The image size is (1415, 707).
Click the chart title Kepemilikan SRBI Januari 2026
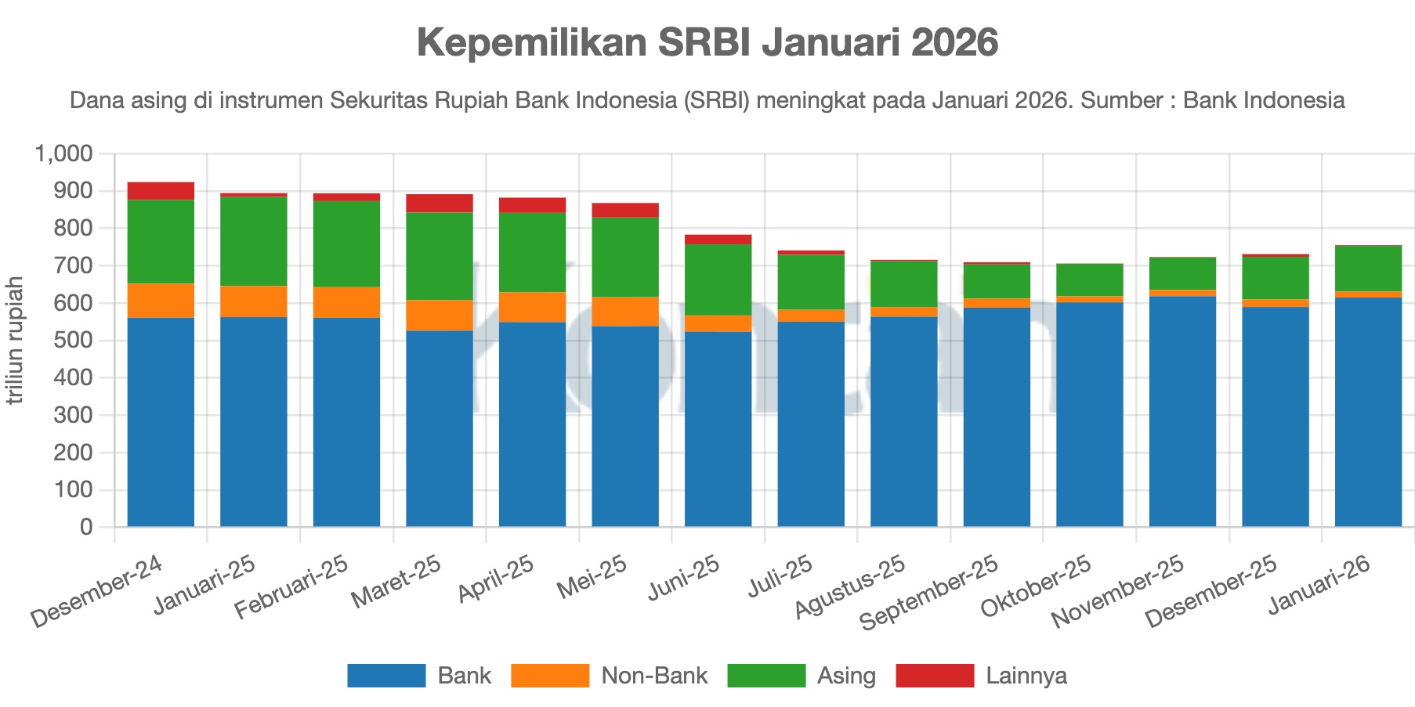(707, 42)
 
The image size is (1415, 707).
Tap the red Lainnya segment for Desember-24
(161, 191)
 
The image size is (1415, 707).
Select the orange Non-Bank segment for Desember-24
(161, 301)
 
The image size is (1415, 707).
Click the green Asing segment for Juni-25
(718, 280)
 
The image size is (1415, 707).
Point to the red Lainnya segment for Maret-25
(439, 203)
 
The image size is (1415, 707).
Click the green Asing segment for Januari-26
(1368, 269)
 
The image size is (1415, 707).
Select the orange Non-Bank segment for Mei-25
(624, 312)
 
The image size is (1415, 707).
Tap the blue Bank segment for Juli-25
(811, 424)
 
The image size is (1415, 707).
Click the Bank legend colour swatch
(386, 676)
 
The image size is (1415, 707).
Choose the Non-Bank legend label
(654, 676)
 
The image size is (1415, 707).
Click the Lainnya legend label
(1026, 676)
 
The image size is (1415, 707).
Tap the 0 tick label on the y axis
(86, 527)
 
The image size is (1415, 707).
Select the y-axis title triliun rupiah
(15, 341)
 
